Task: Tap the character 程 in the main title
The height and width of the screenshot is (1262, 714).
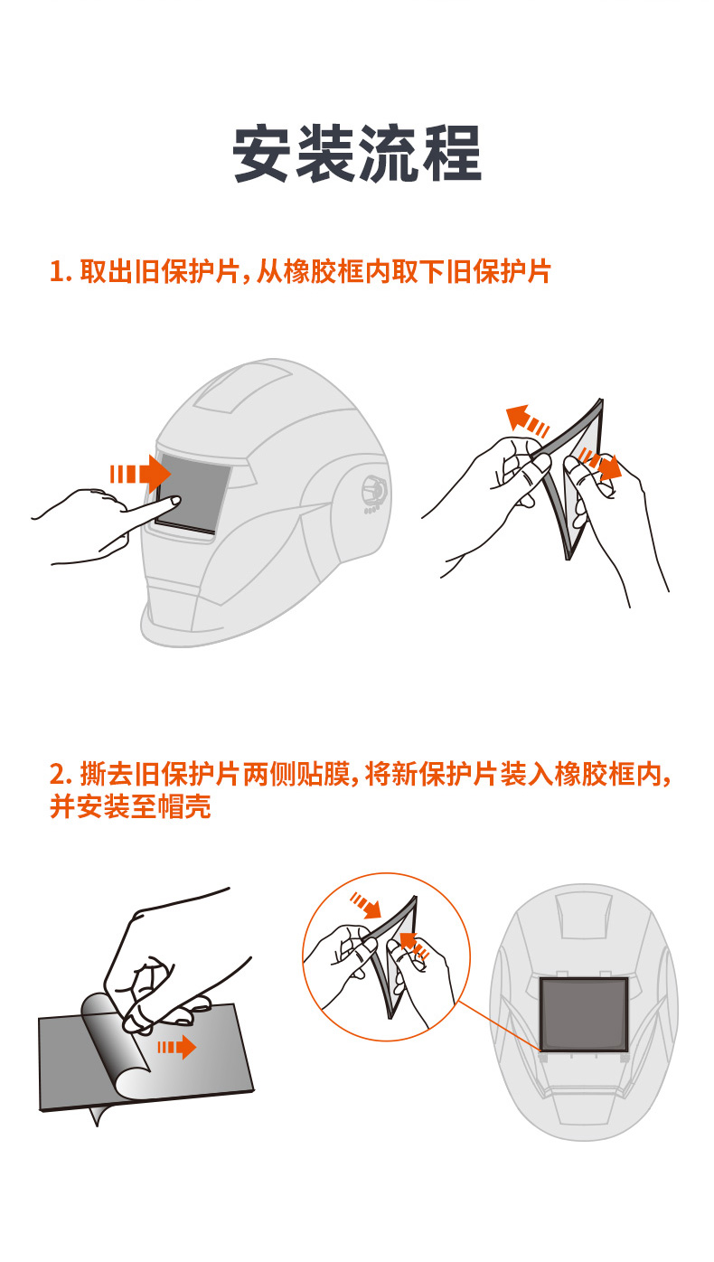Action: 450,155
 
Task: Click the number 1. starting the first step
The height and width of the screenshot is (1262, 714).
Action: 61,271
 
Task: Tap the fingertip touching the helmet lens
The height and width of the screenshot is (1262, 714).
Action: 175,501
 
